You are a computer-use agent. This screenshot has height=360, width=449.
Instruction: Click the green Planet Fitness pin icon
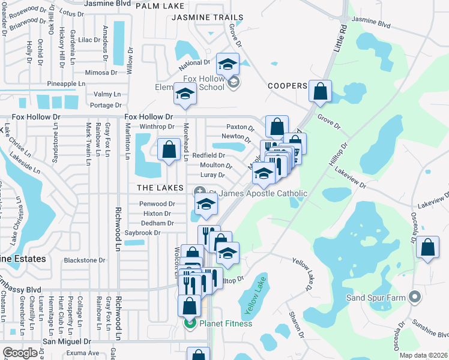(x=190, y=323)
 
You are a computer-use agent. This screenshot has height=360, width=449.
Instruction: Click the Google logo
(x=20, y=353)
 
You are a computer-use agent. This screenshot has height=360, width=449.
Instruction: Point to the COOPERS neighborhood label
(x=288, y=86)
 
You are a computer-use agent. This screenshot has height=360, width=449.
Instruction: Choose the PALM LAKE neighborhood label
(x=159, y=6)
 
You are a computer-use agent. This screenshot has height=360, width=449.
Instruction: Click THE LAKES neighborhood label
(x=160, y=188)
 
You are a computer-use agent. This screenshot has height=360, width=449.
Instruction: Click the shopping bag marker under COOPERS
(x=321, y=91)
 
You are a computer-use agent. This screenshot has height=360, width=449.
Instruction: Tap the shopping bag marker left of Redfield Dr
(x=169, y=148)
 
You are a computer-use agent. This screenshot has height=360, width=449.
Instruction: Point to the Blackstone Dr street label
(x=84, y=260)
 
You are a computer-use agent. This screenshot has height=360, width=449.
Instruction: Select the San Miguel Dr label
(x=66, y=341)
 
